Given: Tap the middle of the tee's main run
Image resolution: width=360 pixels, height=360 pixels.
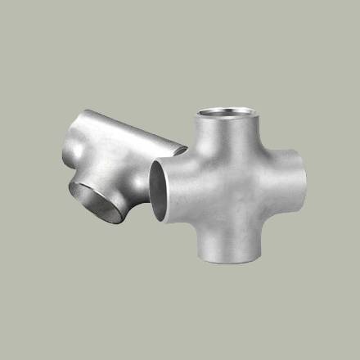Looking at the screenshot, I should (123, 139).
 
